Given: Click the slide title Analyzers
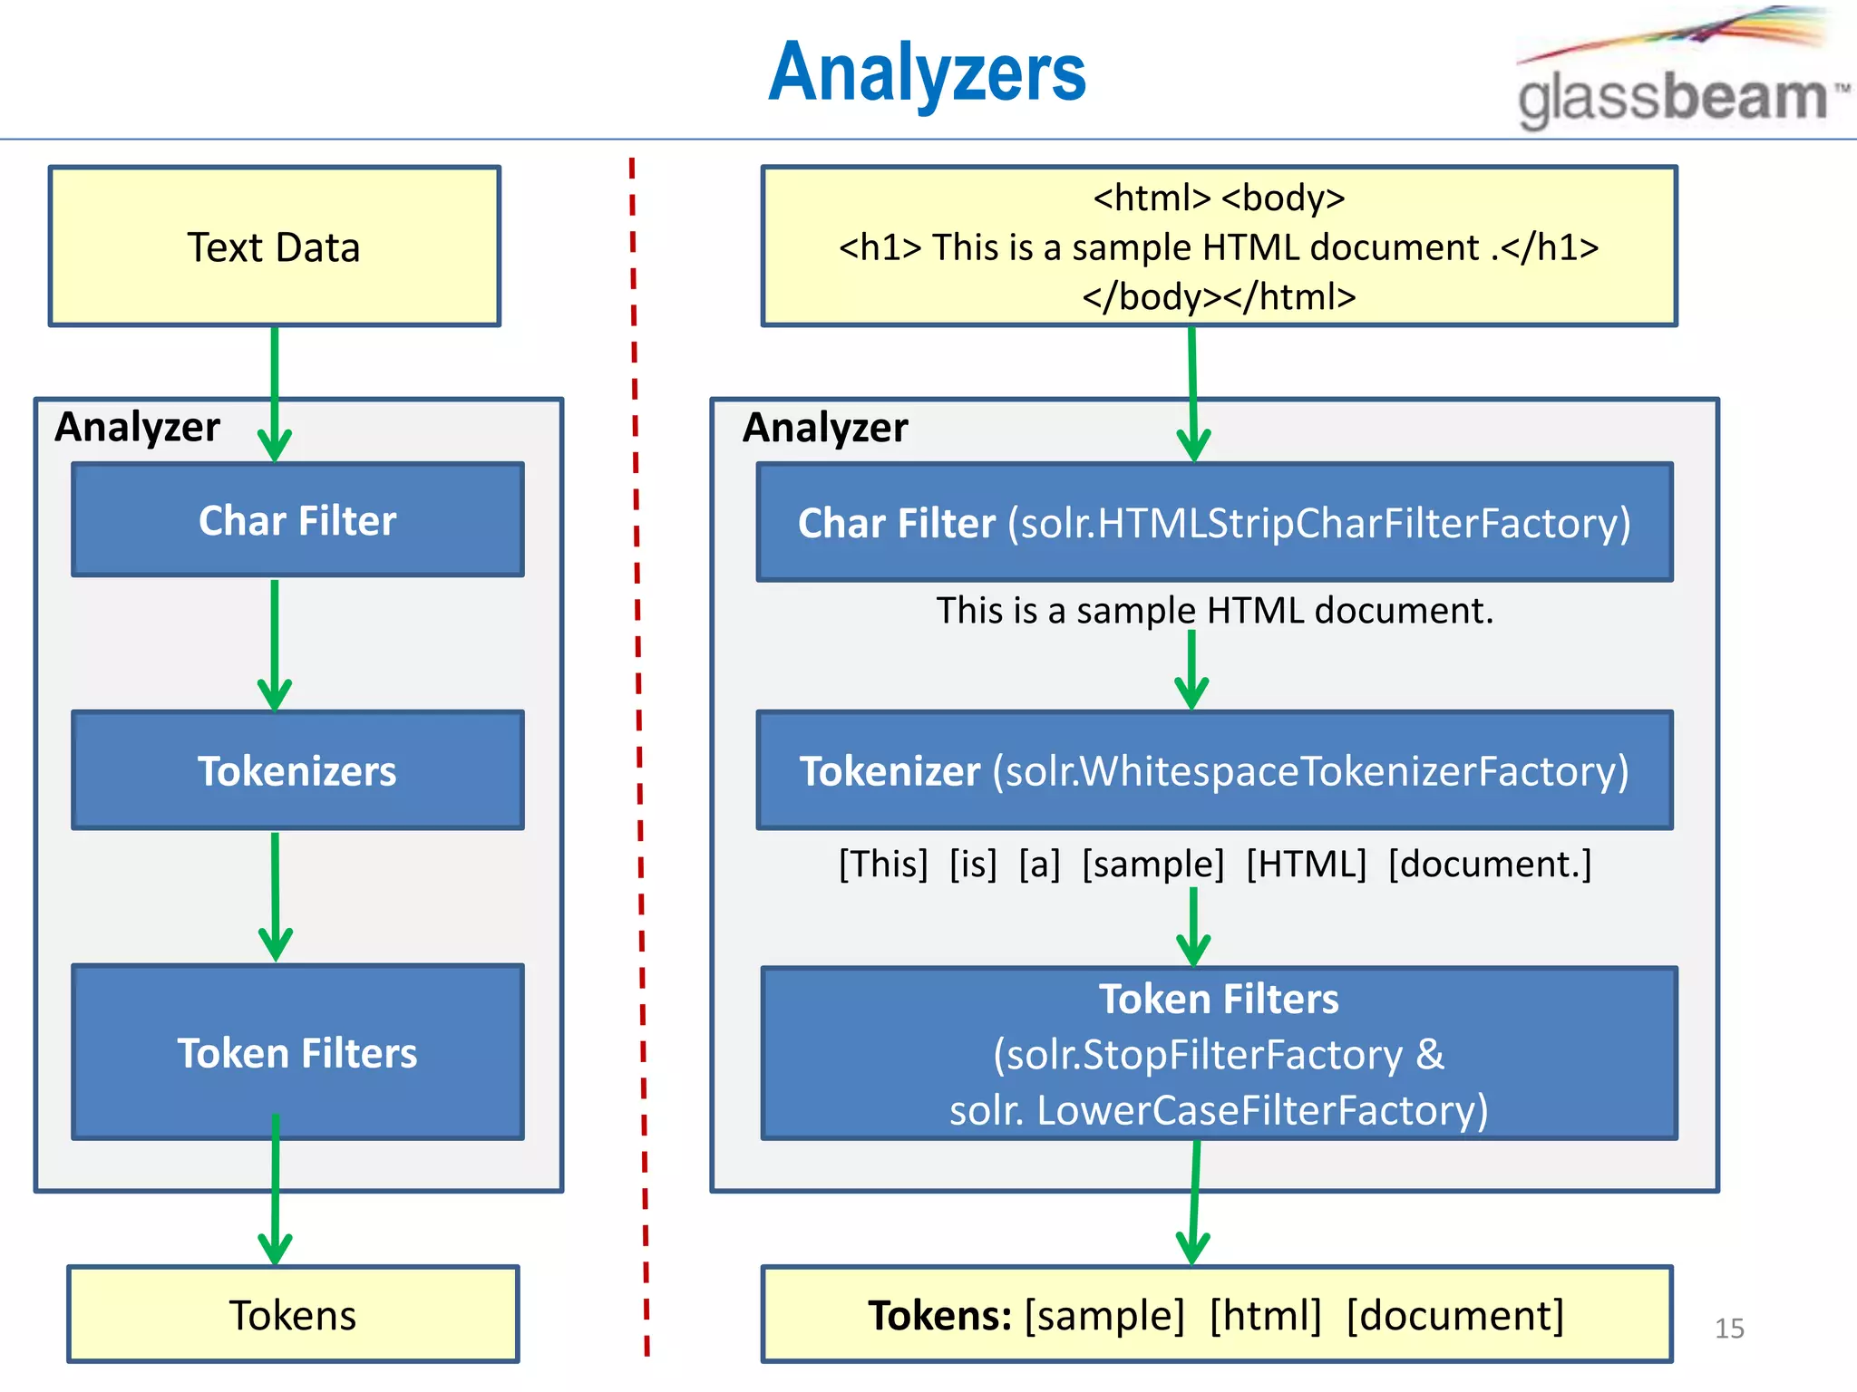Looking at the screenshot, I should [927, 72].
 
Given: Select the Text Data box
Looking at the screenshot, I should [274, 246].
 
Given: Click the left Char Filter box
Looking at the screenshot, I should [297, 520].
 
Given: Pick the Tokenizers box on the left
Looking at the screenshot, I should [297, 770].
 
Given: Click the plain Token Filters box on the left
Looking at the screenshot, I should [297, 1052].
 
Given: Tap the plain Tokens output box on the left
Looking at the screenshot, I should [293, 1314].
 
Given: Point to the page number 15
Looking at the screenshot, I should [1729, 1329].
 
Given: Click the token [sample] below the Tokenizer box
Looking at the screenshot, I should [1152, 864].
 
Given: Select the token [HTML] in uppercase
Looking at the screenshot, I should [1306, 864].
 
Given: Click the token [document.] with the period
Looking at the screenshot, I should [1490, 864].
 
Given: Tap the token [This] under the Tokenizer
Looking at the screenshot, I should [883, 864].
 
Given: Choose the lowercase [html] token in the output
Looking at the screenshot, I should [1266, 1315].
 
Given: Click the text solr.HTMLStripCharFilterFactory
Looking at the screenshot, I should [1319, 524].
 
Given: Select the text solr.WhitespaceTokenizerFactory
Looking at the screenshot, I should [1310, 771].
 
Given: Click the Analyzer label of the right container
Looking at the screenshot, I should [824, 427].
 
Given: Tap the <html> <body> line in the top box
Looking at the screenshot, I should [1219, 198].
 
